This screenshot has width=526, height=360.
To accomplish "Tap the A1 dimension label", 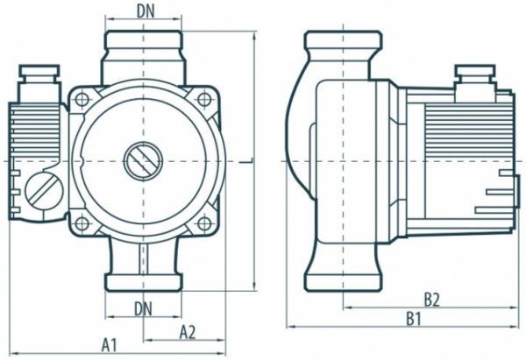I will [109, 345].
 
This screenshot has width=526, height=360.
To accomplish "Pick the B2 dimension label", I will [430, 300].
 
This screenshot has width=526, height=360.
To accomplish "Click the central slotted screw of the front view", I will [141, 160].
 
